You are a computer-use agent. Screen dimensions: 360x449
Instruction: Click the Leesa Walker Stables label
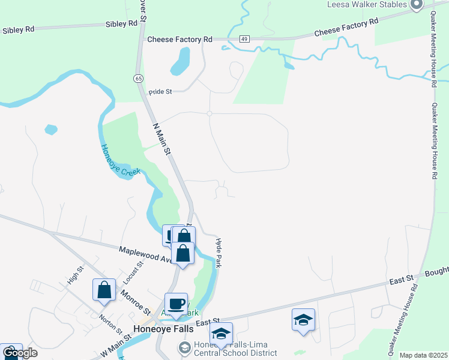pos(367,5)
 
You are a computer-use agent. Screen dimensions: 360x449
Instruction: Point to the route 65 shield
pos(139,78)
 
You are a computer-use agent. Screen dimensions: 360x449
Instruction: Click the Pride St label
pos(160,92)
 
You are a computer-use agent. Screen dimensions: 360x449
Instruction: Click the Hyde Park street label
pos(219,251)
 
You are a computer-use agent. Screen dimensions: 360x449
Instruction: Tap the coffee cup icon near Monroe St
pos(176,304)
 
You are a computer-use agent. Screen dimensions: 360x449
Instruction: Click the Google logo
pos(19,353)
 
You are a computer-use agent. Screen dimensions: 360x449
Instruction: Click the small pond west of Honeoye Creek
pos(51,129)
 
